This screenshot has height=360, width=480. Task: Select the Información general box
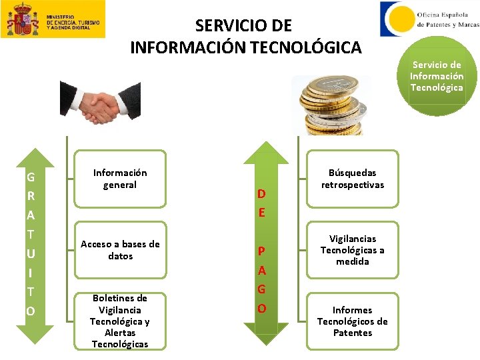pyautogui.click(x=120, y=179)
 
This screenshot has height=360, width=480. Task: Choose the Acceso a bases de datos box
pyautogui.click(x=120, y=250)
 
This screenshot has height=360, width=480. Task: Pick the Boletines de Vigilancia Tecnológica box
pyautogui.click(x=120, y=321)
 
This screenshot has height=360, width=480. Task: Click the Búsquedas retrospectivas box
pyautogui.click(x=353, y=179)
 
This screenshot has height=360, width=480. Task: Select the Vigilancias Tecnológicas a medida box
pyautogui.click(x=353, y=250)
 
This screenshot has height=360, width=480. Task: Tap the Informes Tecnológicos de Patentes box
pyautogui.click(x=353, y=321)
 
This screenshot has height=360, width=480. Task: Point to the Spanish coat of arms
pyautogui.click(x=23, y=19)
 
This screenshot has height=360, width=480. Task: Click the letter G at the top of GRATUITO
pyautogui.click(x=31, y=178)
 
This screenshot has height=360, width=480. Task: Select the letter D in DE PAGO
pyautogui.click(x=262, y=194)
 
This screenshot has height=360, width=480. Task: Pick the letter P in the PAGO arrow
pyautogui.click(x=262, y=251)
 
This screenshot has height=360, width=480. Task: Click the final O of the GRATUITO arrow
pyautogui.click(x=31, y=311)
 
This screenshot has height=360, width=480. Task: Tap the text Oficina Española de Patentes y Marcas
pyautogui.click(x=447, y=19)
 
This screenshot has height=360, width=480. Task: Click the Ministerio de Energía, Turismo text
pyautogui.click(x=73, y=23)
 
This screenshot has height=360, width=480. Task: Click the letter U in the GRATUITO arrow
pyautogui.click(x=31, y=254)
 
